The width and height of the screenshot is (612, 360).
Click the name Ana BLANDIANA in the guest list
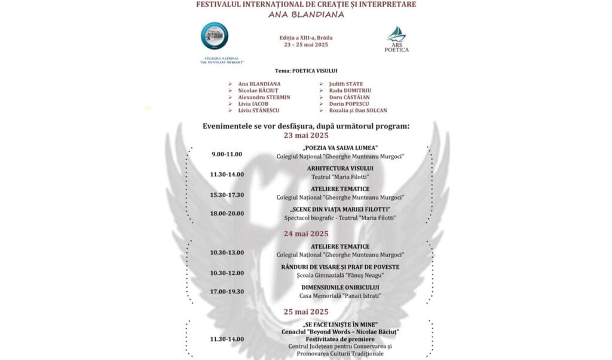(x=259, y=84)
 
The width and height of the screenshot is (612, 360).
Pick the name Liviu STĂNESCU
(x=258, y=110)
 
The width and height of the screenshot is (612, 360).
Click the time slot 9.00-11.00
(x=227, y=154)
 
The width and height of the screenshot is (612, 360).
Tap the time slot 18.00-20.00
(x=227, y=213)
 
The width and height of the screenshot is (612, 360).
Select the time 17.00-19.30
(x=227, y=292)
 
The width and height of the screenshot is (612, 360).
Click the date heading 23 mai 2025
(x=306, y=135)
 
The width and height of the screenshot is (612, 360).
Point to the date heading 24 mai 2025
(x=306, y=233)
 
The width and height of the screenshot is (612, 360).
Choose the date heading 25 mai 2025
(x=306, y=312)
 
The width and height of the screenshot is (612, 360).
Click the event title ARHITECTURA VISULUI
(x=340, y=168)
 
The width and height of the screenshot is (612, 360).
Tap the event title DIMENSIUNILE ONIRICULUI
(x=340, y=287)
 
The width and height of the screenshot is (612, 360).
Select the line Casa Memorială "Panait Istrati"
(x=340, y=295)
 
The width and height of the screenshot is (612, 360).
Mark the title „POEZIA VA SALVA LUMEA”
(x=340, y=148)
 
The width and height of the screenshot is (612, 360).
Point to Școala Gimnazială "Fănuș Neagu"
(x=340, y=275)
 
